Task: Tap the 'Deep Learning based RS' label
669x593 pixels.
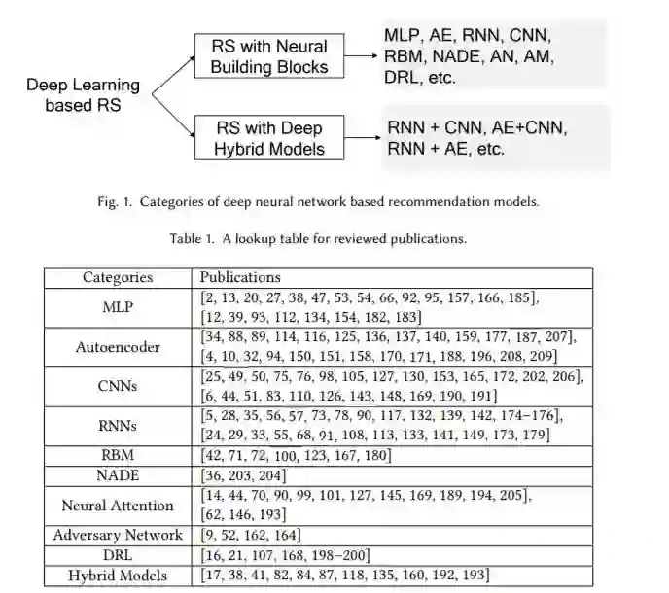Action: [x=83, y=95]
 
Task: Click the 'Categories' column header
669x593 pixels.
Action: [x=117, y=278]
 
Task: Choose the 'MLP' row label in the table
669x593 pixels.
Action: [x=118, y=307]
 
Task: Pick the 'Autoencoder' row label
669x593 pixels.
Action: [x=118, y=346]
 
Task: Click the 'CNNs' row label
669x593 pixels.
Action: [x=118, y=386]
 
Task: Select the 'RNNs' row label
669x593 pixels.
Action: [x=118, y=426]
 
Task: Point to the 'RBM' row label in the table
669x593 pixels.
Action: [x=118, y=456]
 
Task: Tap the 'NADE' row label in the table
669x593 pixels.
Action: [x=118, y=475]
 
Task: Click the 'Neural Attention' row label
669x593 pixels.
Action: [x=118, y=506]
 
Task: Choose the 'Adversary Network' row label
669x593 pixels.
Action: [x=118, y=535]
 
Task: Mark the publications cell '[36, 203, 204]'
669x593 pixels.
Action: [x=243, y=475]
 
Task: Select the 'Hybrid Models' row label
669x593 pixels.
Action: [x=118, y=576]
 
